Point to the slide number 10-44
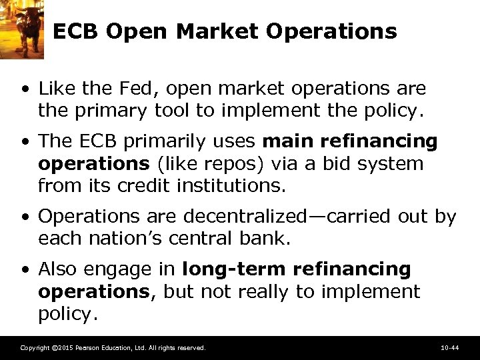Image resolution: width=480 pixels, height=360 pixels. tap(449, 348)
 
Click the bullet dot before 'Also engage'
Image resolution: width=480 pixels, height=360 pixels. tap(25, 270)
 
